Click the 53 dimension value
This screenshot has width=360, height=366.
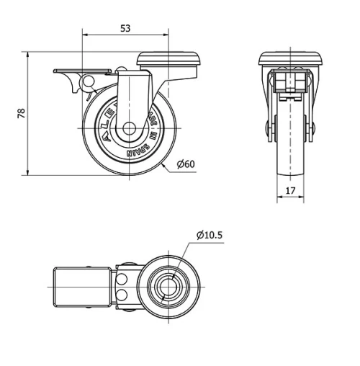click(125, 29)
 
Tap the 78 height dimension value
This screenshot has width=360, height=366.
click(21, 113)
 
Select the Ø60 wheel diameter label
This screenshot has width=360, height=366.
click(186, 164)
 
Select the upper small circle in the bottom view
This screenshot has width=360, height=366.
click(124, 277)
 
